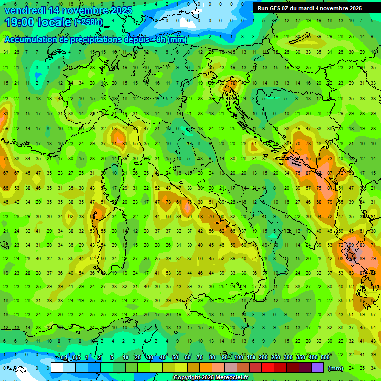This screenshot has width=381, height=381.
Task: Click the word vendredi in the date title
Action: click(x=24, y=10)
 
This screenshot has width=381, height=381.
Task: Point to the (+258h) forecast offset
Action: click(x=89, y=22)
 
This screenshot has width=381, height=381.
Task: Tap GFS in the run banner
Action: click(x=275, y=8)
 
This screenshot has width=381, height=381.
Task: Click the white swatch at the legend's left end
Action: click(x=57, y=368)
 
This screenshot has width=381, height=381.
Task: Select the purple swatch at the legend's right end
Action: click(x=317, y=368)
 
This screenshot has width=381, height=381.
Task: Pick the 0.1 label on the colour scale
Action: click(x=64, y=358)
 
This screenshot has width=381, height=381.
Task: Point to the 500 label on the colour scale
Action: click(x=325, y=358)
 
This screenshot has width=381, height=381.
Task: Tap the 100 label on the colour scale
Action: click(x=238, y=358)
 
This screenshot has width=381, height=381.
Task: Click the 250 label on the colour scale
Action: click(x=276, y=358)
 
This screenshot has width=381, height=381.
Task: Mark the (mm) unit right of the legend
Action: click(x=336, y=368)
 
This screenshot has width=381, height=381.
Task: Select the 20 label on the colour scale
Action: click(x=138, y=358)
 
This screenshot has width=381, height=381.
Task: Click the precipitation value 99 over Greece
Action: click(x=351, y=245)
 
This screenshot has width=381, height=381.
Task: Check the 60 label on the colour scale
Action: click(x=188, y=358)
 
